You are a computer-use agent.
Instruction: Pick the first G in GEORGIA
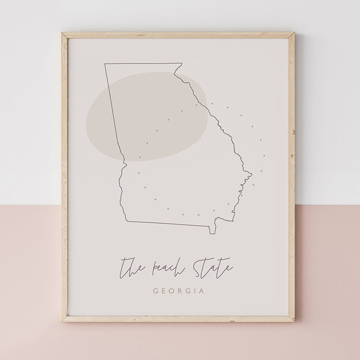pyautogui.click(x=156, y=291)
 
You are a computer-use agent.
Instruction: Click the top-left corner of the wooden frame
pyautogui.click(x=62, y=34)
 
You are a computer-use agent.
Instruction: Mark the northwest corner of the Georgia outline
pyautogui.click(x=106, y=64)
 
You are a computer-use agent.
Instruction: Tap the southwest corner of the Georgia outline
pyautogui.click(x=126, y=221)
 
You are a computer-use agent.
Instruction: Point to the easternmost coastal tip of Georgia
pyautogui.click(x=251, y=173)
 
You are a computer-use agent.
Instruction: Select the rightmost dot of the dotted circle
pyautogui.click(x=264, y=156)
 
